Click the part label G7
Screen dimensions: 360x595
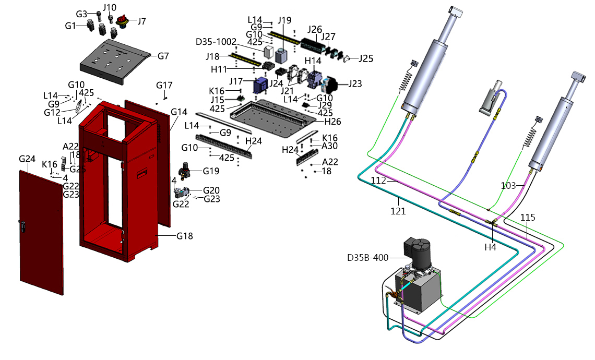pos(163,56)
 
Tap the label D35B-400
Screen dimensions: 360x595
pos(368,257)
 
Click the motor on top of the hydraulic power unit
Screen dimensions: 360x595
pos(418,254)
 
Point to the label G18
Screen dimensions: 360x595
pos(185,236)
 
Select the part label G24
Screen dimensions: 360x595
pos(27,159)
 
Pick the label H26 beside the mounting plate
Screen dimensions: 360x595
pos(333,122)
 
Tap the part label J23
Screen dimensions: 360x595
pos(355,83)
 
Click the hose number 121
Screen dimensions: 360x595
pos(398,211)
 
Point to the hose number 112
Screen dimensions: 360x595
pos(378,181)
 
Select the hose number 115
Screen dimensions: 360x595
pos(528,218)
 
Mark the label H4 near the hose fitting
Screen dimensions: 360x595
pos(490,247)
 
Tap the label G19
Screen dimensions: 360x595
pos(211,171)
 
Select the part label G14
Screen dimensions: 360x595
pos(178,112)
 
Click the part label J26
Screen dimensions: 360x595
pos(315,29)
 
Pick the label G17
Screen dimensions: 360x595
pos(164,85)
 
